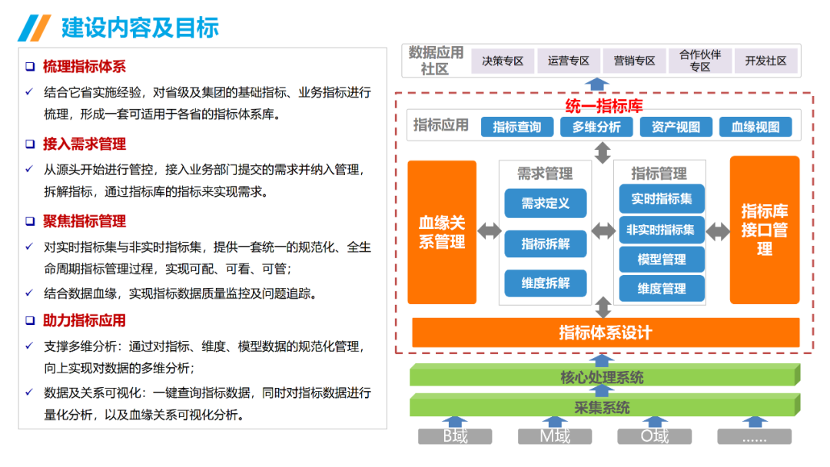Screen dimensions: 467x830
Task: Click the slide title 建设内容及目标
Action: tap(140, 28)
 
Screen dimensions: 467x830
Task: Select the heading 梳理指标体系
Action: tap(84, 67)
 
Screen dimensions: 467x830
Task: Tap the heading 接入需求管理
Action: tap(84, 144)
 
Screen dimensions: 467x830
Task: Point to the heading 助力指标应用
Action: tap(84, 320)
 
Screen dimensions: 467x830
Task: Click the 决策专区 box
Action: tap(503, 61)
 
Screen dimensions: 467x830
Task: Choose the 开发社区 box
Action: tap(765, 61)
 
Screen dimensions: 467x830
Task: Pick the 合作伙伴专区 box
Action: tap(699, 61)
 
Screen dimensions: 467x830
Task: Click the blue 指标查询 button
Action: tap(516, 127)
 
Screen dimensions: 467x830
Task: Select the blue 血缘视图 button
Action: tap(755, 127)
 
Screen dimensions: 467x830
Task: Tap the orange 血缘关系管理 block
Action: tap(442, 232)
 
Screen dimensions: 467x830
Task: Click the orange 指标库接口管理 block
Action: tap(764, 230)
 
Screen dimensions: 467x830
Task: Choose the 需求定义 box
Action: tap(546, 204)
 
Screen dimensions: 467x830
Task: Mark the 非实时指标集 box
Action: tap(661, 230)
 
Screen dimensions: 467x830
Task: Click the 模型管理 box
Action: tap(661, 260)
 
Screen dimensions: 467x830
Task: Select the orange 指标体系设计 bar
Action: tap(605, 333)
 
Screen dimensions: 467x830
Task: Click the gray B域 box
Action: tap(455, 437)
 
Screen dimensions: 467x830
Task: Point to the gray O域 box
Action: tap(655, 437)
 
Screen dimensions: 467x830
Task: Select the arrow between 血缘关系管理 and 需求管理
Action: tap(488, 231)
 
